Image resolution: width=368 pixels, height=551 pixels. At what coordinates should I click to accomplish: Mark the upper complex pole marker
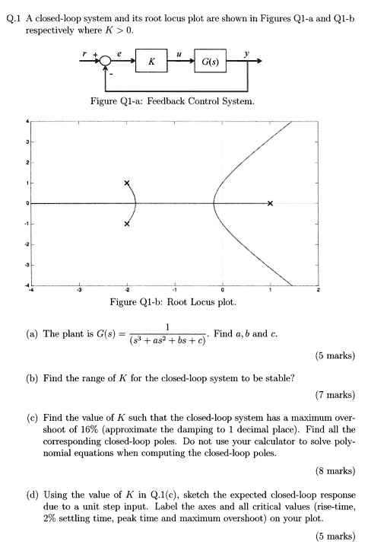[x=127, y=183]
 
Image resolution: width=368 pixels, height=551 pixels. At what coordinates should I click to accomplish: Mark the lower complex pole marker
[x=127, y=224]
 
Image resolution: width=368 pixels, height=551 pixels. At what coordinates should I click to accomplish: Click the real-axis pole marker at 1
[x=270, y=203]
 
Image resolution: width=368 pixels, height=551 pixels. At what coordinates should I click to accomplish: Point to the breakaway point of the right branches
[x=214, y=203]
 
